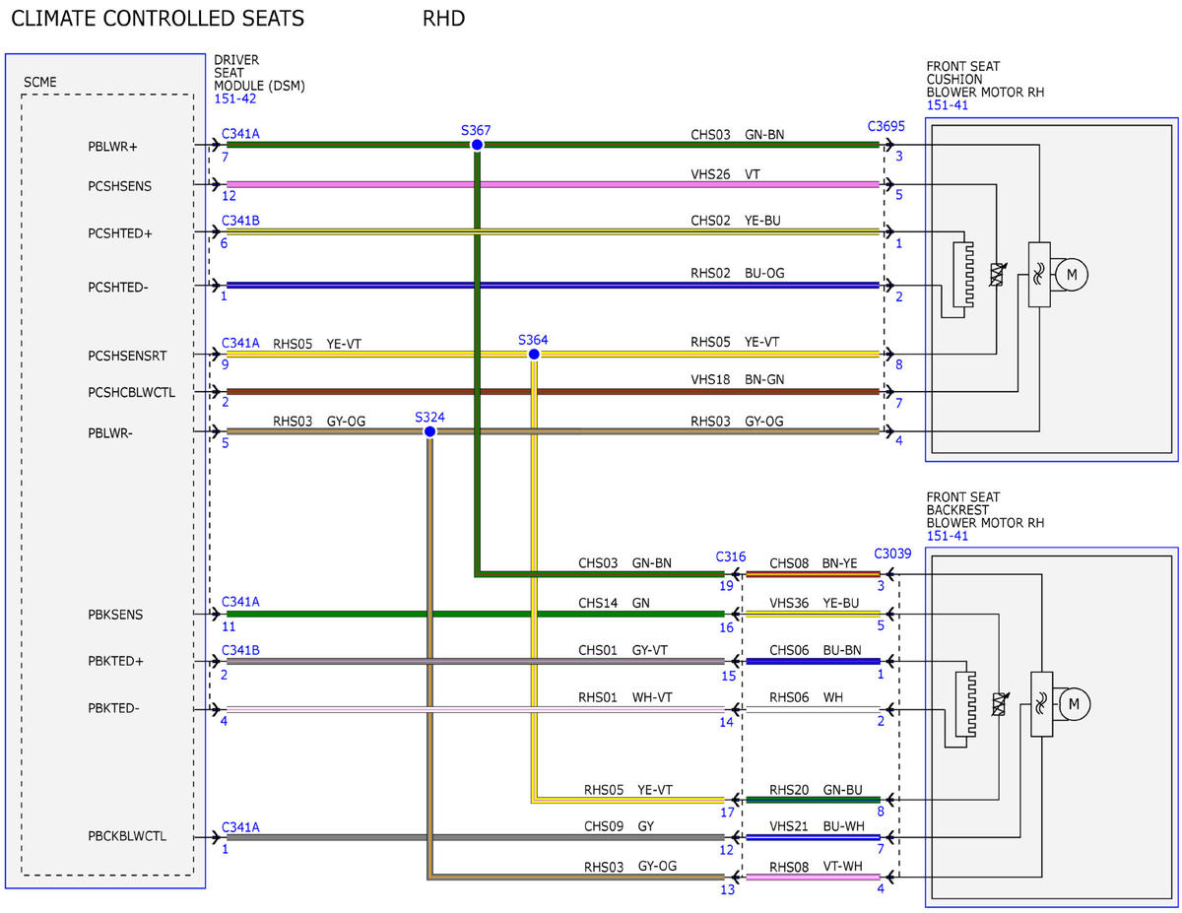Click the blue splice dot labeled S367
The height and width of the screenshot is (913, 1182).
click(477, 145)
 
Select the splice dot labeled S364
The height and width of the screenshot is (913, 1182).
click(534, 354)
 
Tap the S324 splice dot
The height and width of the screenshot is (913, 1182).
click(429, 431)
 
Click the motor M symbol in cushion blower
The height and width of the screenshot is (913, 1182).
click(1071, 275)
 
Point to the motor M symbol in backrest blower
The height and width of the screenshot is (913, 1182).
click(1074, 704)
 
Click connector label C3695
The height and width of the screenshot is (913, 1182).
click(886, 126)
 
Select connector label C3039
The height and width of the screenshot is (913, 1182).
click(892, 554)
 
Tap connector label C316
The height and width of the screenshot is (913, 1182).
click(730, 556)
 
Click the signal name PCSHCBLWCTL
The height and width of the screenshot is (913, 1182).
click(132, 392)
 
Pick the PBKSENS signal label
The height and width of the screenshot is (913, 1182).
click(115, 615)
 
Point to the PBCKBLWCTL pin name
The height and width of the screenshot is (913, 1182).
click(127, 836)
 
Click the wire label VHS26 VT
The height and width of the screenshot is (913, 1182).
click(725, 174)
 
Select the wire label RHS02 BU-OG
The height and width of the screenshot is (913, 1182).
click(737, 273)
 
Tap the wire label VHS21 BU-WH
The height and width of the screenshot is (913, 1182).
click(816, 826)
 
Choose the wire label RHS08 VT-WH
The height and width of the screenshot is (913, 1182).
click(816, 867)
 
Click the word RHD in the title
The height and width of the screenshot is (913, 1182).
click(443, 19)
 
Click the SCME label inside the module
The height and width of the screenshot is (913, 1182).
click(39, 82)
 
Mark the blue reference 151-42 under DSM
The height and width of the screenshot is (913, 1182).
click(234, 98)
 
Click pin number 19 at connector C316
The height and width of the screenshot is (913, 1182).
click(726, 586)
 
